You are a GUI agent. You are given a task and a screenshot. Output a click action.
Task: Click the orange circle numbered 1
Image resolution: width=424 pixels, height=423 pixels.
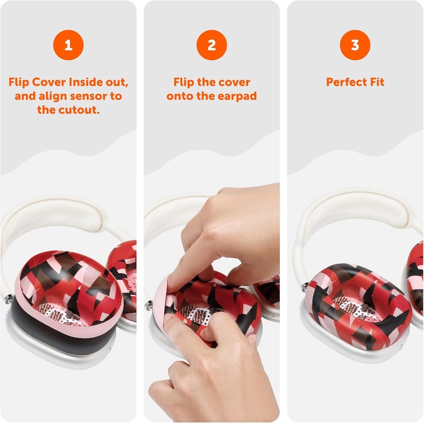coord(68,45)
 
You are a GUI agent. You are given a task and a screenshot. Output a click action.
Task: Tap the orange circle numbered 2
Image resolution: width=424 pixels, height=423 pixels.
coord(211,45)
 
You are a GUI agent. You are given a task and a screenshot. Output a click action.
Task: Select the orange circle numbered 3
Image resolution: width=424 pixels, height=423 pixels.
coord(355,45)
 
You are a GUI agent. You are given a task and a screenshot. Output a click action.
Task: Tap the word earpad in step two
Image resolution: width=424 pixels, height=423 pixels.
coord(236,96)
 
